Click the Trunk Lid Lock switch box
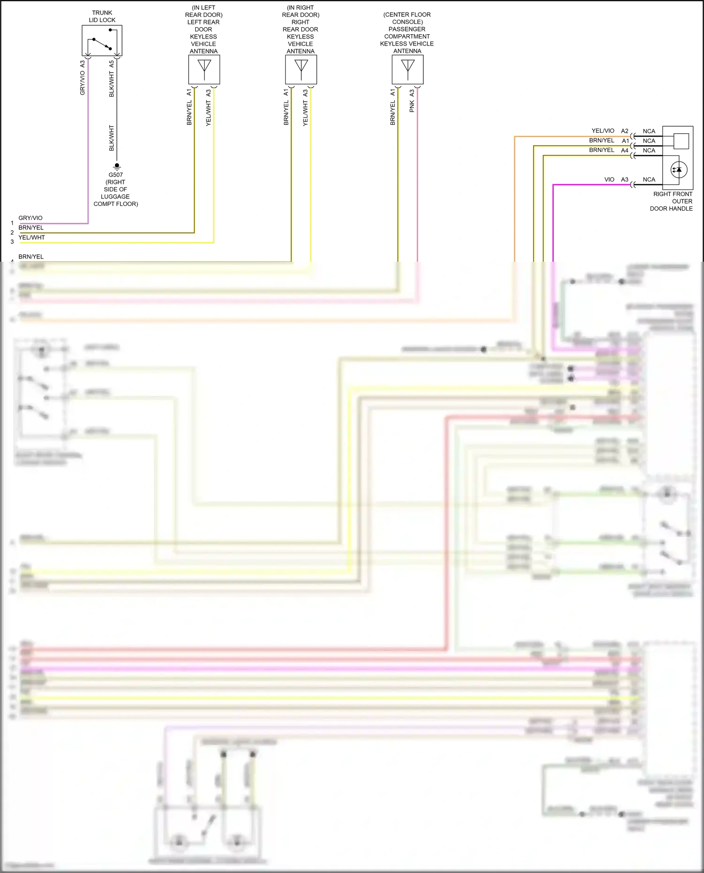click(102, 41)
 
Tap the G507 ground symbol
click(117, 166)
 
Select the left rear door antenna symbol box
click(204, 69)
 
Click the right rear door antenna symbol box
click(301, 69)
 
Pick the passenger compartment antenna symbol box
click(407, 69)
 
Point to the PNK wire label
click(412, 107)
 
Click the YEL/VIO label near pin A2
click(603, 131)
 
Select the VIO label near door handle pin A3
click(609, 180)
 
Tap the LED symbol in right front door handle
click(678, 170)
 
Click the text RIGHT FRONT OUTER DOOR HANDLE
click(672, 201)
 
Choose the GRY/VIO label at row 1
click(31, 218)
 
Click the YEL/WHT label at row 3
click(31, 237)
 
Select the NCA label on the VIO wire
click(649, 180)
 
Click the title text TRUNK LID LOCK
click(102, 16)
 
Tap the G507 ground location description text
click(115, 193)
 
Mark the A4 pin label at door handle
click(625, 151)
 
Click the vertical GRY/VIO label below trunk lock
click(83, 84)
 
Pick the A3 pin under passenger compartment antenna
click(412, 93)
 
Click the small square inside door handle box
click(681, 141)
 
